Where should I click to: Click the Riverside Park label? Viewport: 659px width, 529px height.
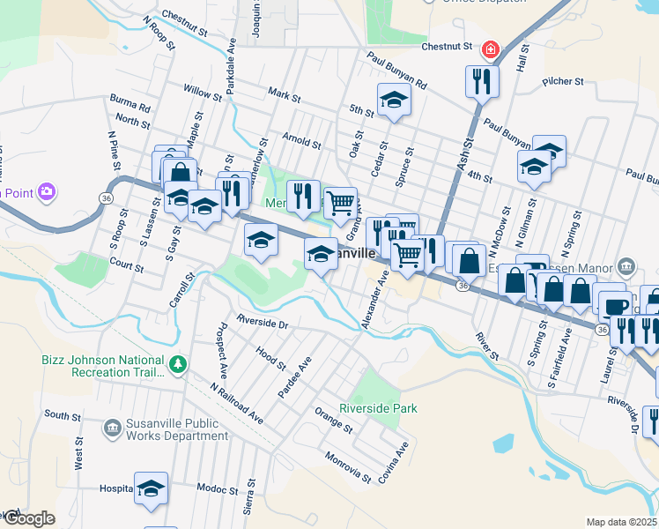(378, 409)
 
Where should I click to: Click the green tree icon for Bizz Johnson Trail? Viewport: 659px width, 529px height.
(178, 363)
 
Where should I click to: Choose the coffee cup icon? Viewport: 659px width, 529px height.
(616, 305)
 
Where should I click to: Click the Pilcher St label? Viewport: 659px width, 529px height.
(564, 81)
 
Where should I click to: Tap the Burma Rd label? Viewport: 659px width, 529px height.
(130, 103)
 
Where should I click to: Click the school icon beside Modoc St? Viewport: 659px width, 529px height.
(151, 488)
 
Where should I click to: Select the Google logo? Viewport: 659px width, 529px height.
(28, 518)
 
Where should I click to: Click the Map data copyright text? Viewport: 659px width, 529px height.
(621, 522)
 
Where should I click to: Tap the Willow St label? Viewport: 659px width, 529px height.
(203, 91)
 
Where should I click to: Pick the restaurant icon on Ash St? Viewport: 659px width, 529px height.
(482, 82)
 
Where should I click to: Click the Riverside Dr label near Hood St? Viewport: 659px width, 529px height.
(262, 324)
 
